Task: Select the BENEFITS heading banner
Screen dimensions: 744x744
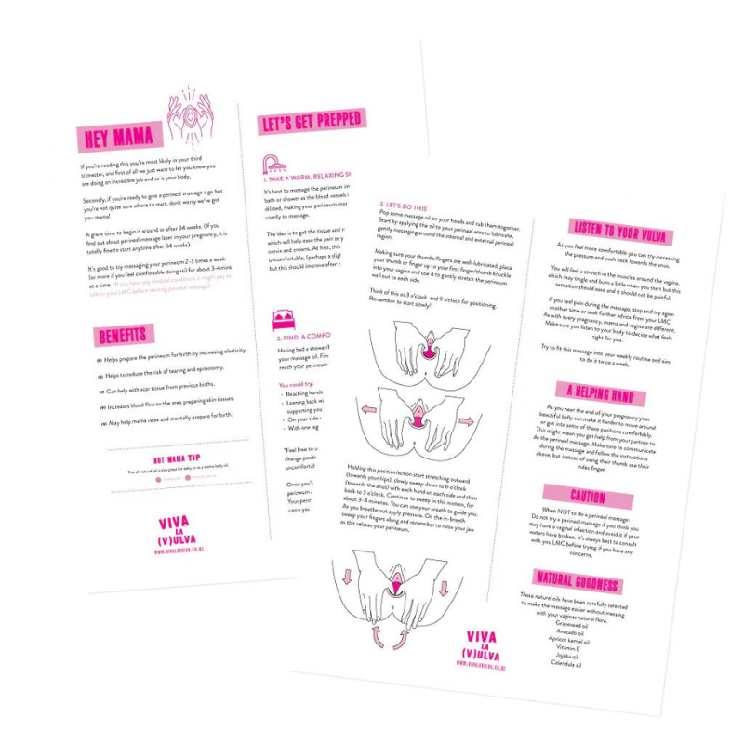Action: click(x=126, y=335)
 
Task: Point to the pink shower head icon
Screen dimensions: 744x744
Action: click(x=273, y=165)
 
